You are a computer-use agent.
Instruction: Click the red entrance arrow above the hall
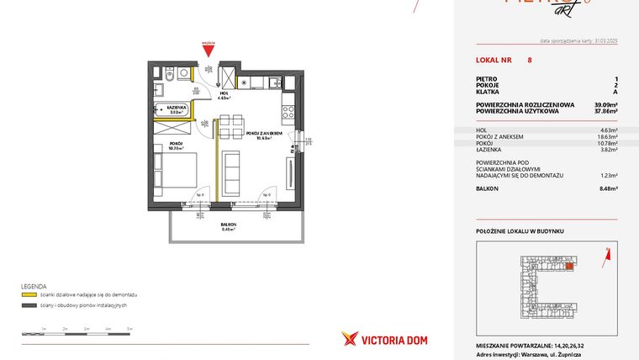(209, 52)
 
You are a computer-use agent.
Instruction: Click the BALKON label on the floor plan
(228, 225)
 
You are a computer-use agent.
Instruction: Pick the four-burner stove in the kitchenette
(288, 107)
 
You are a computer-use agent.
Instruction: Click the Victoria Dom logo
(372, 339)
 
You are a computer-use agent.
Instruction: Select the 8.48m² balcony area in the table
(607, 188)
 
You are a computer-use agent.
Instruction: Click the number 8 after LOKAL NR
(529, 60)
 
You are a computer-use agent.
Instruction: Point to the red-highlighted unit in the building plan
(569, 267)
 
